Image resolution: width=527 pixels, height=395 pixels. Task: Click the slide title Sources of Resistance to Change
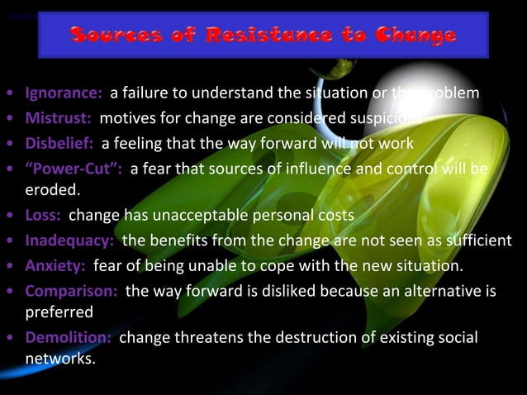click(263, 35)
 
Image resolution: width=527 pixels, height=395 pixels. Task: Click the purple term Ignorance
click(64, 92)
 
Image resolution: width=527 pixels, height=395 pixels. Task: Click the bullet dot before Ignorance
click(8, 93)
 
